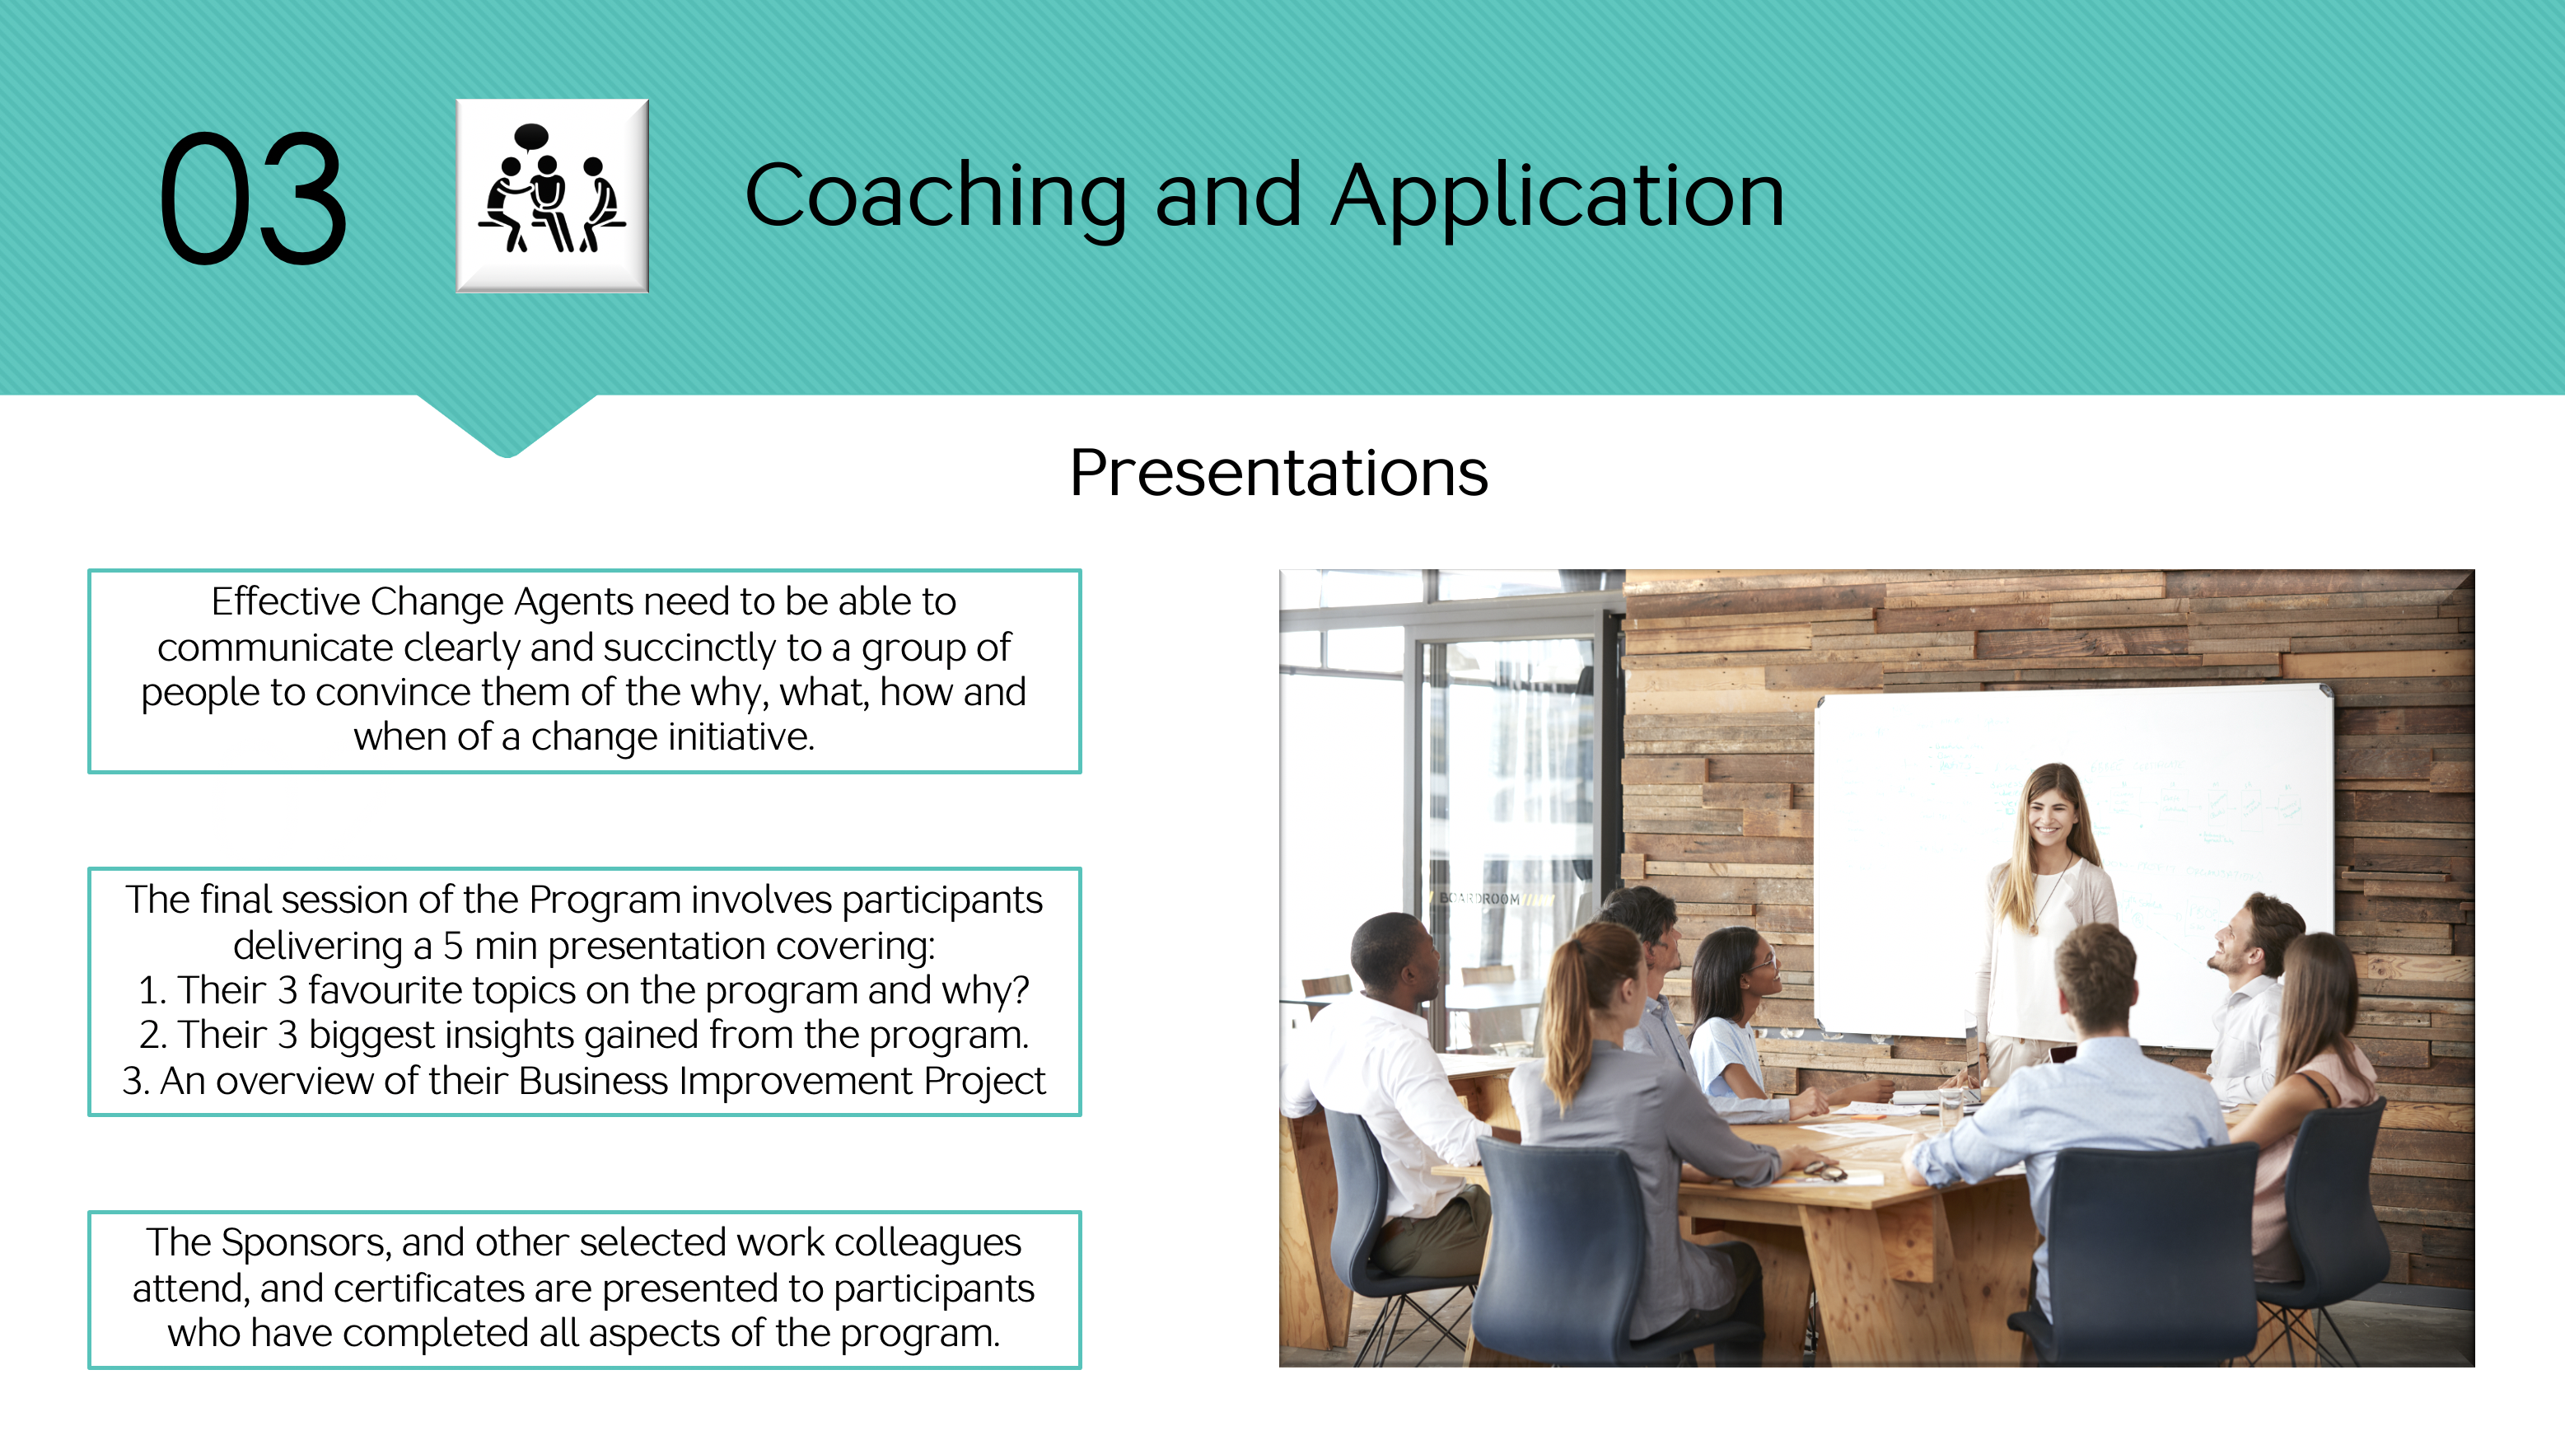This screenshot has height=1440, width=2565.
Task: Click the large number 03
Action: pos(253,199)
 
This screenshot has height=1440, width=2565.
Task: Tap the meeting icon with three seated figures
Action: pos(553,195)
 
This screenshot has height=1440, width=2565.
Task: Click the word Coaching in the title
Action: pos(936,196)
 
